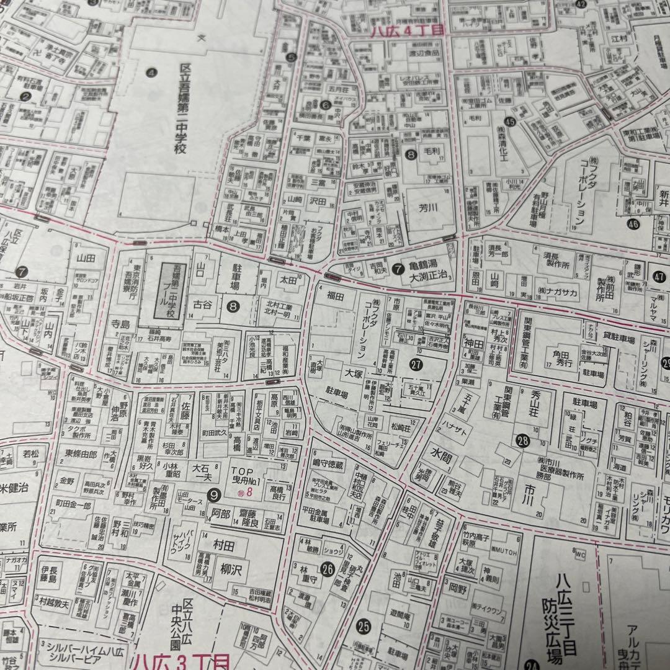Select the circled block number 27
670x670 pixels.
click(416, 365)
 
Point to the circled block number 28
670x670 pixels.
click(522, 441)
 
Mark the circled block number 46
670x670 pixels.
click(633, 224)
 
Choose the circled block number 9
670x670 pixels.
click(214, 494)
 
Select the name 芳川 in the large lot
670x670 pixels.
click(428, 208)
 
